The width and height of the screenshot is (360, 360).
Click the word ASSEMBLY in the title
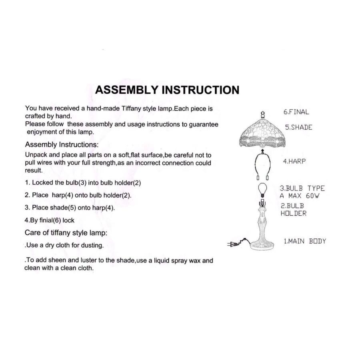coord(127,90)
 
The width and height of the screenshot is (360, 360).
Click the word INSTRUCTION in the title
coord(201,90)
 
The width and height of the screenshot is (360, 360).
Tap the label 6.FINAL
coord(296,112)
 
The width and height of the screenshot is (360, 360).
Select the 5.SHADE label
coord(299,128)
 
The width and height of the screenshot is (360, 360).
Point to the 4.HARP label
coord(294,162)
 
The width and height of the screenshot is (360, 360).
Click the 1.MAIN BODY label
coord(305,241)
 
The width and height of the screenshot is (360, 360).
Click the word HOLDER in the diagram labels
coord(294,214)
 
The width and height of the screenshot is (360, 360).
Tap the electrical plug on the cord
coord(232,244)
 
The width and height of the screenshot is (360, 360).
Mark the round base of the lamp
coord(262,246)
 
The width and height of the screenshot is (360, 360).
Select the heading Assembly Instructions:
coord(62,145)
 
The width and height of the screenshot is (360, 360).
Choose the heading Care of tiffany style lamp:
coord(66,233)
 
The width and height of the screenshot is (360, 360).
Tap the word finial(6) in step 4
coord(50,220)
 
